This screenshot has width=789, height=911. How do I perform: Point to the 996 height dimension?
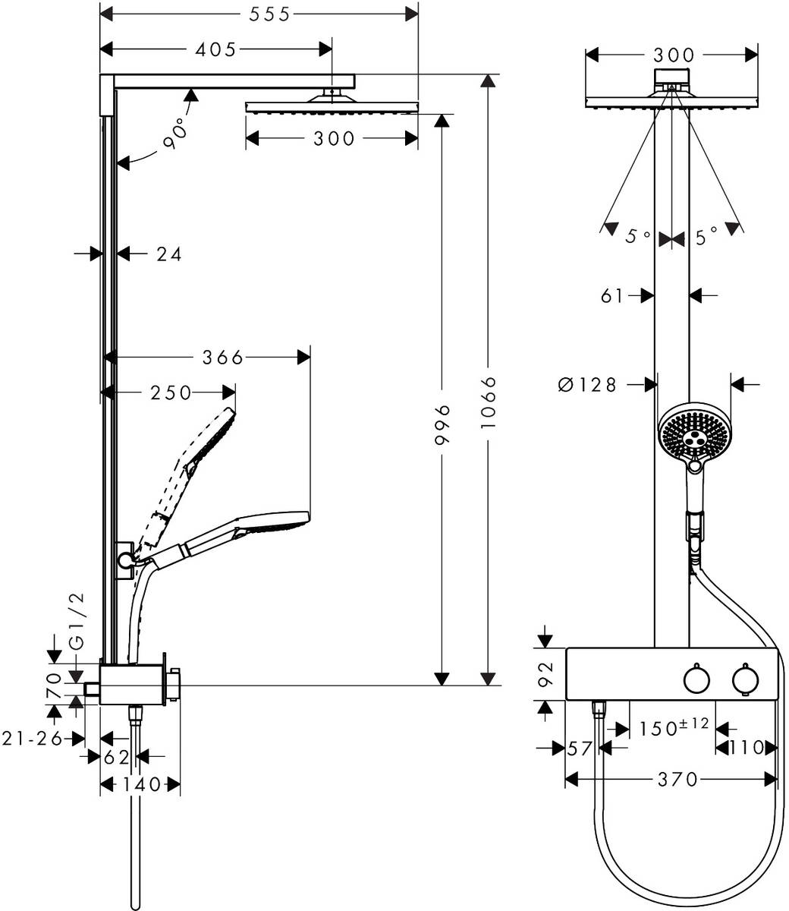pyautogui.click(x=444, y=428)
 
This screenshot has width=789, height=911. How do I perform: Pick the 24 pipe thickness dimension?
pyautogui.click(x=168, y=254)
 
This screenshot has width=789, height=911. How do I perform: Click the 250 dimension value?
pyautogui.click(x=171, y=392)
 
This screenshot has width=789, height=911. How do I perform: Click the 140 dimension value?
pyautogui.click(x=141, y=783)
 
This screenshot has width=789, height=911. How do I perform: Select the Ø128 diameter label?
pyautogui.click(x=587, y=385)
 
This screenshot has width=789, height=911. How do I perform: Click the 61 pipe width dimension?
pyautogui.click(x=612, y=295)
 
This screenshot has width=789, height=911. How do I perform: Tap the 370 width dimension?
pyautogui.click(x=677, y=779)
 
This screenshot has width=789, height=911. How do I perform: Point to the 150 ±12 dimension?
pyautogui.click(x=674, y=727)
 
